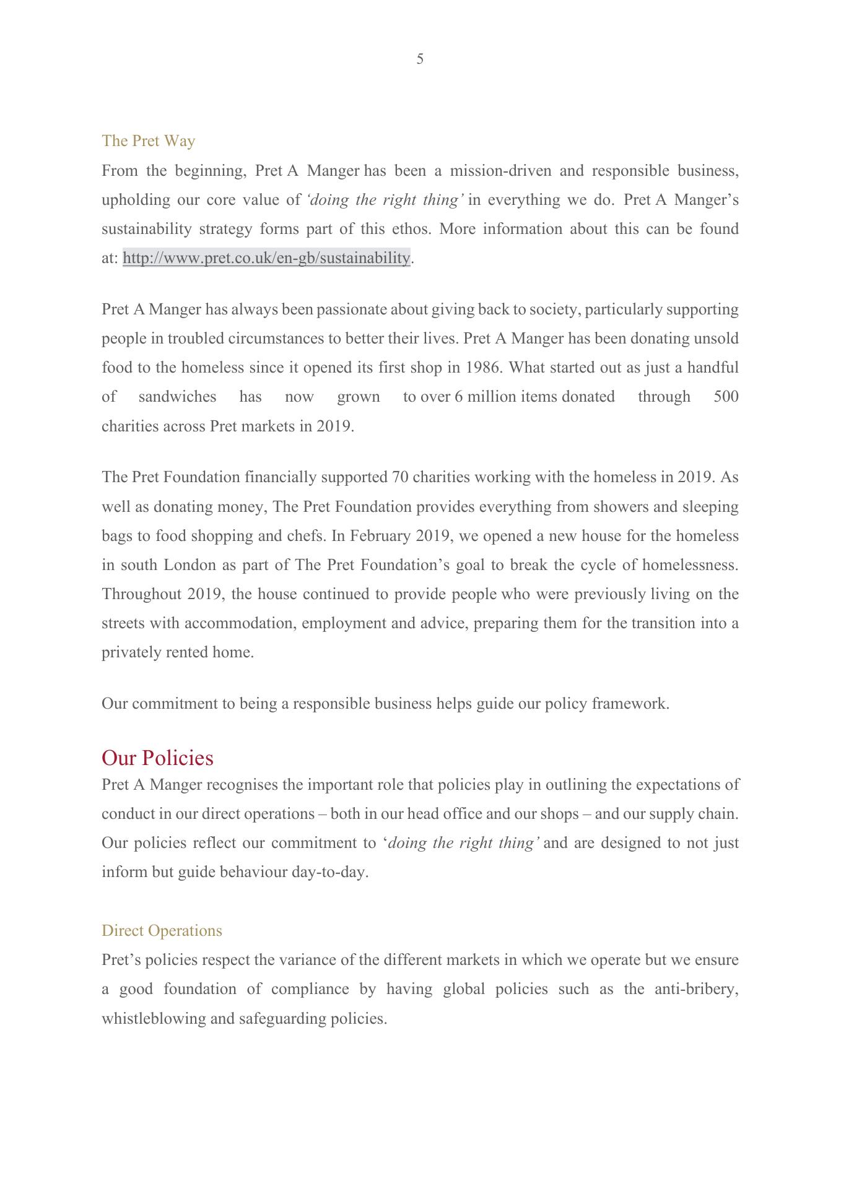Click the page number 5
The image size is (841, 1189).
pyautogui.click(x=420, y=59)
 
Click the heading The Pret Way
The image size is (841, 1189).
pyautogui.click(x=148, y=141)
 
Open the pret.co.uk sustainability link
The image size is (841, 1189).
pyautogui.click(x=266, y=258)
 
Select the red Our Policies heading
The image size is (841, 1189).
pyautogui.click(x=157, y=758)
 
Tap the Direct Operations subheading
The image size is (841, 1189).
pyautogui.click(x=162, y=931)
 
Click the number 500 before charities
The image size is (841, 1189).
pyautogui.click(x=726, y=397)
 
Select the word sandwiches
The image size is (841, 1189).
pyautogui.click(x=177, y=397)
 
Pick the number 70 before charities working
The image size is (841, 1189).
pyautogui.click(x=399, y=477)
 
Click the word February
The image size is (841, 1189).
pyautogui.click(x=380, y=536)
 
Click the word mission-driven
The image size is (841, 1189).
pyautogui.click(x=500, y=171)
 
